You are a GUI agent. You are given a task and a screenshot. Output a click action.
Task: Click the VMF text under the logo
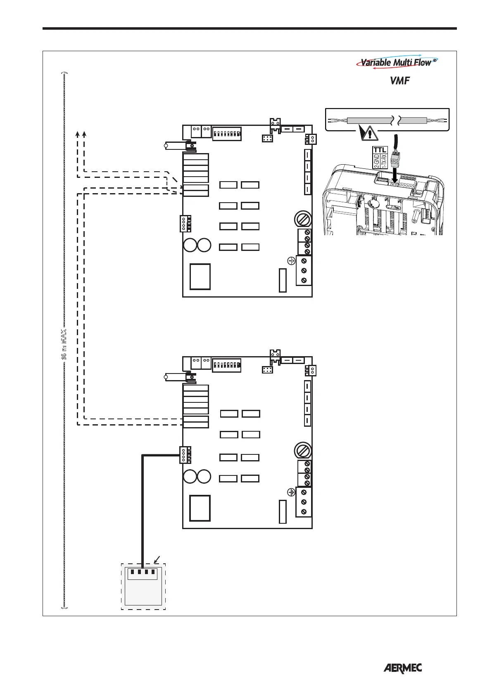coord(399,81)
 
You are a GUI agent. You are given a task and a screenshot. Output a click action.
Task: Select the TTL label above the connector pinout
coord(380,150)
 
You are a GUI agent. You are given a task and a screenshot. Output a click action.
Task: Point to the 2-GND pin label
coord(376,161)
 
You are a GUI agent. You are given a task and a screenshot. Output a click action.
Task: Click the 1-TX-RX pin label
coord(384,161)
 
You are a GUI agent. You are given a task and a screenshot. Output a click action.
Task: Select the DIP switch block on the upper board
coord(227,134)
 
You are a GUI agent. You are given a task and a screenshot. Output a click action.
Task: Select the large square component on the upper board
coord(200,277)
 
